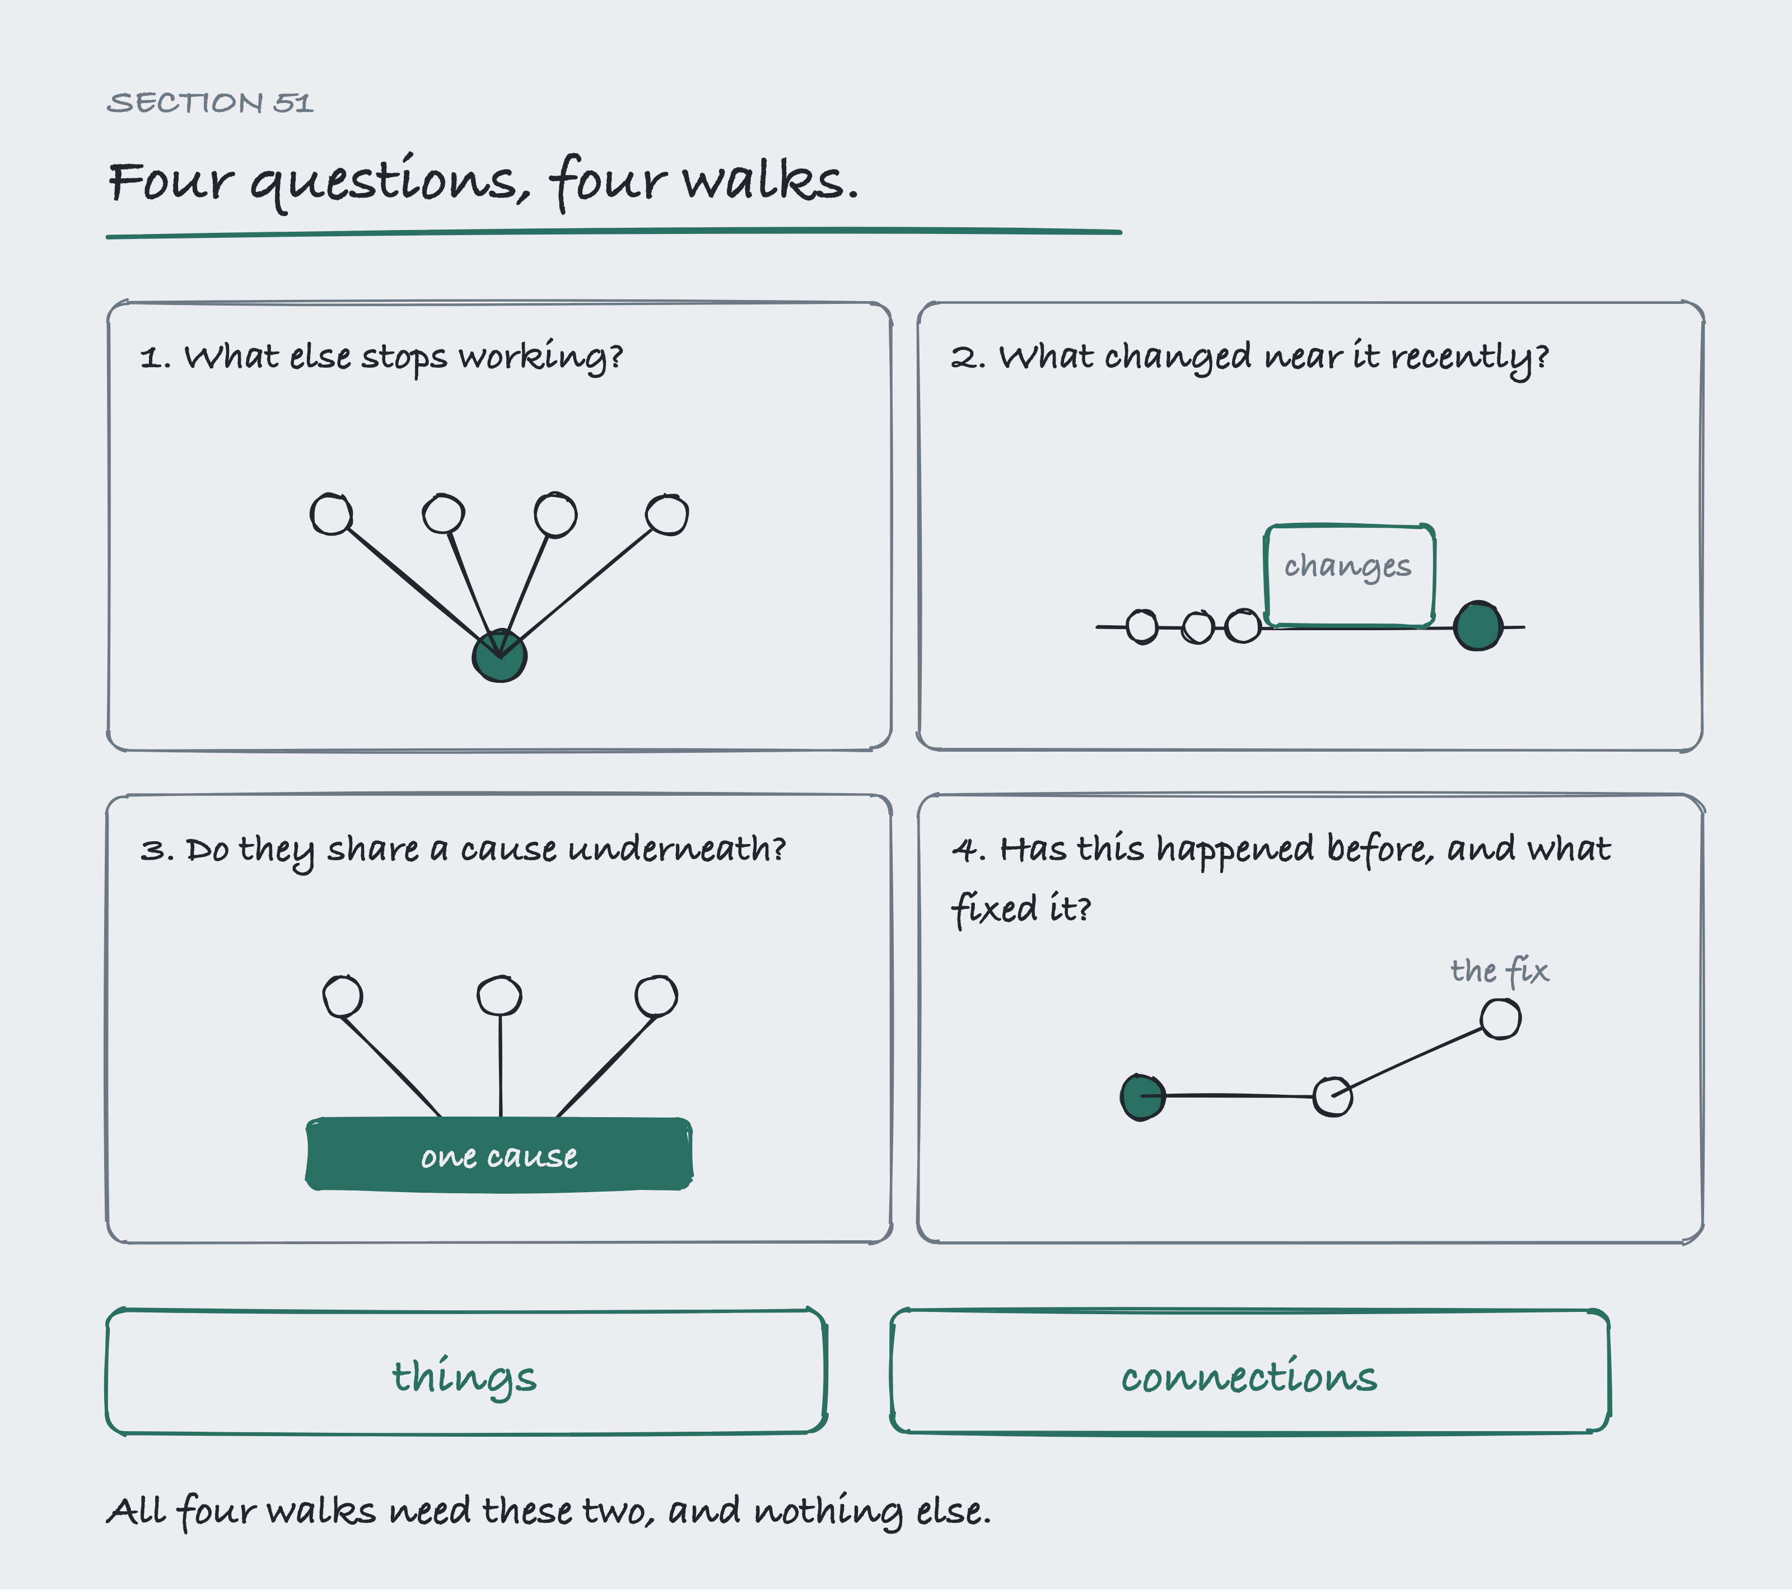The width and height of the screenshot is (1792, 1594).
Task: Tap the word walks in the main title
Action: point(771,181)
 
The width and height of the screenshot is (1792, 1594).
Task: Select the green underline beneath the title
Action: point(614,233)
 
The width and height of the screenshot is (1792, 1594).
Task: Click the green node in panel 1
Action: point(500,655)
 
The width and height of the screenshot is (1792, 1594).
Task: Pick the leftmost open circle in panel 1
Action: point(332,514)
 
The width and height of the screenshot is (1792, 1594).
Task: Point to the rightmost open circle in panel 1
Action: point(667,514)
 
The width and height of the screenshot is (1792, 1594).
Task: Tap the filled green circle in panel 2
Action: point(1478,626)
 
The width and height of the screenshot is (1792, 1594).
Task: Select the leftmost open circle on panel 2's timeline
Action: point(1141,626)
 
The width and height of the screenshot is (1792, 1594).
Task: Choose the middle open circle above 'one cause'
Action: point(500,996)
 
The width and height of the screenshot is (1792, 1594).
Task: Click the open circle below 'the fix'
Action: point(1501,1019)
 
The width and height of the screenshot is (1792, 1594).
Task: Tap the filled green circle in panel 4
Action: point(1143,1096)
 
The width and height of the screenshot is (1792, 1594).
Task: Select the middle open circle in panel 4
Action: point(1333,1096)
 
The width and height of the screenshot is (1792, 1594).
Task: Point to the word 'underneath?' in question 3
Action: point(677,848)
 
